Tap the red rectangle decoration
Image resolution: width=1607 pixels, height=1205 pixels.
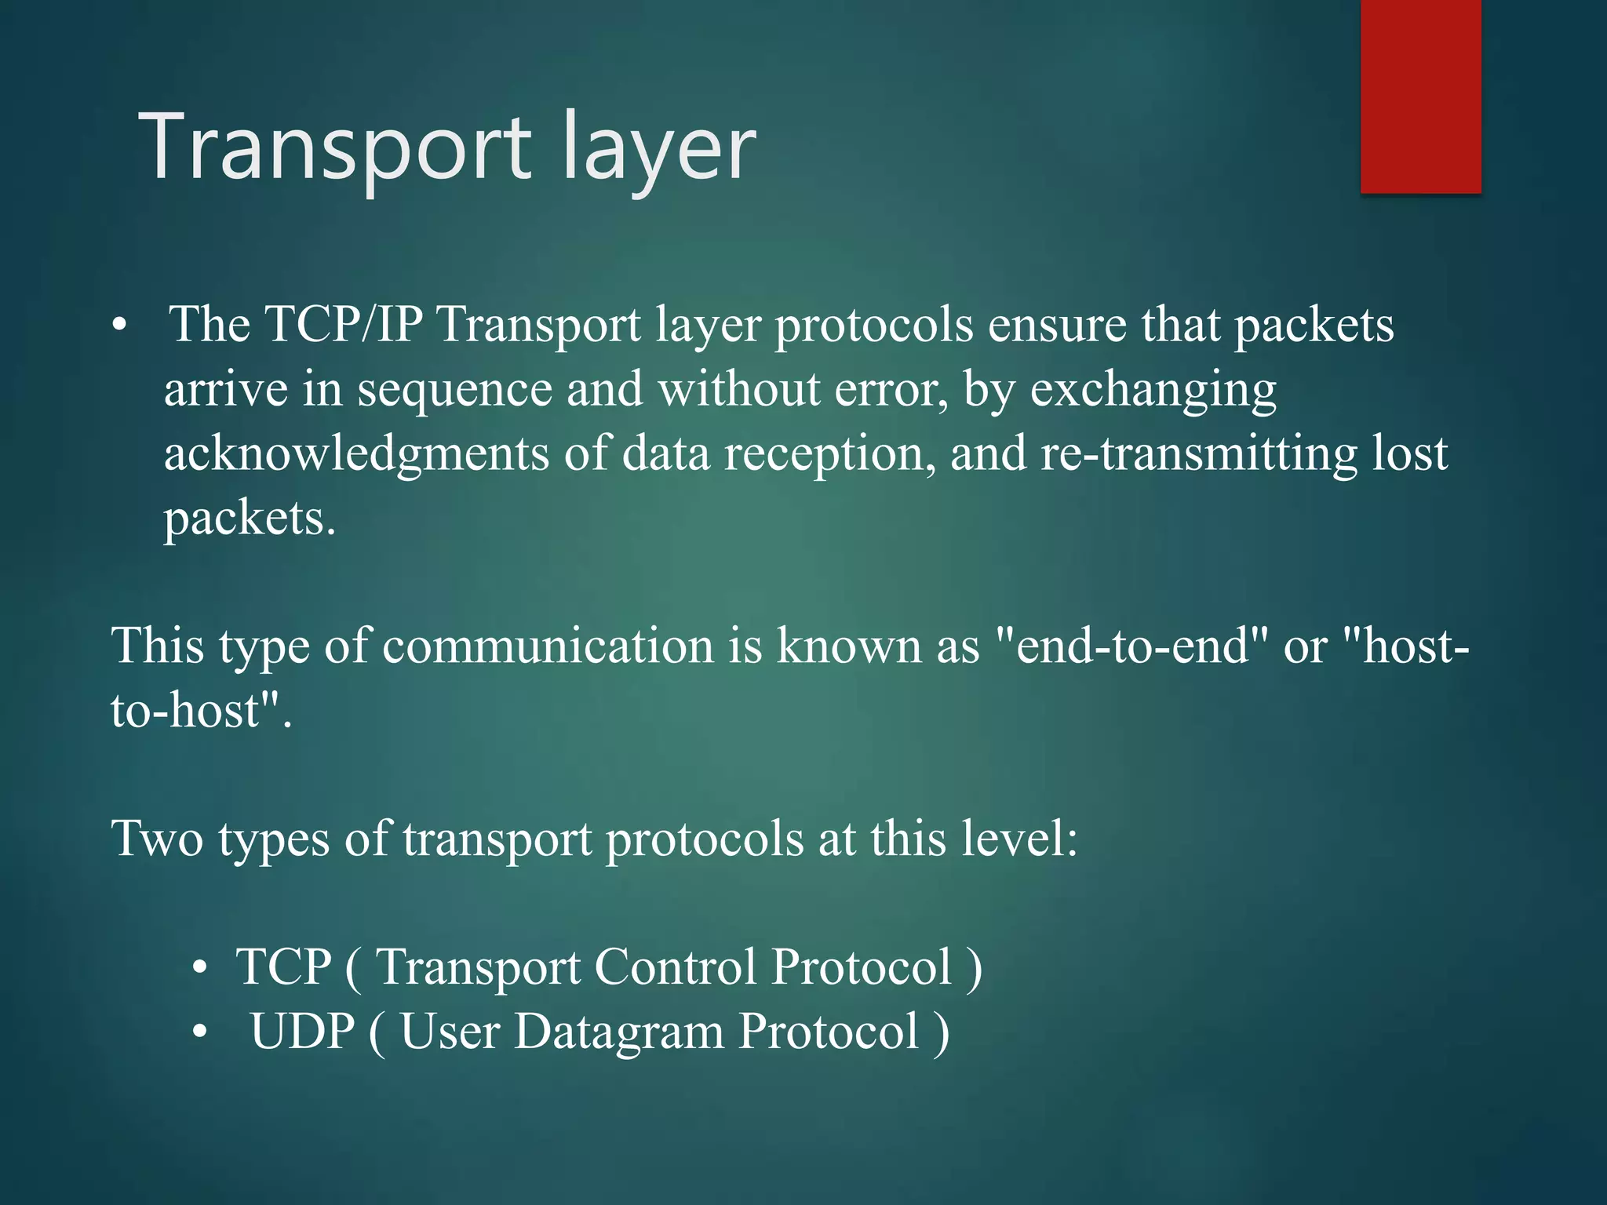click(x=1420, y=96)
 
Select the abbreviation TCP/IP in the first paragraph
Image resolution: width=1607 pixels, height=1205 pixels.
click(x=344, y=324)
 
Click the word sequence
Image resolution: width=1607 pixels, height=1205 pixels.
click(x=454, y=390)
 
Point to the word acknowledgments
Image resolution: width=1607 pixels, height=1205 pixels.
click(x=356, y=455)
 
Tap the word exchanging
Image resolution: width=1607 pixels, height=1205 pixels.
click(x=1153, y=390)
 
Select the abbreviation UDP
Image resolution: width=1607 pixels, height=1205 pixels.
click(x=302, y=1032)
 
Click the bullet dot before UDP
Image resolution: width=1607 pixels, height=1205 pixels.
click(x=201, y=1032)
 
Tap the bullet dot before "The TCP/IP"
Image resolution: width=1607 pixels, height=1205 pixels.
click(x=118, y=325)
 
